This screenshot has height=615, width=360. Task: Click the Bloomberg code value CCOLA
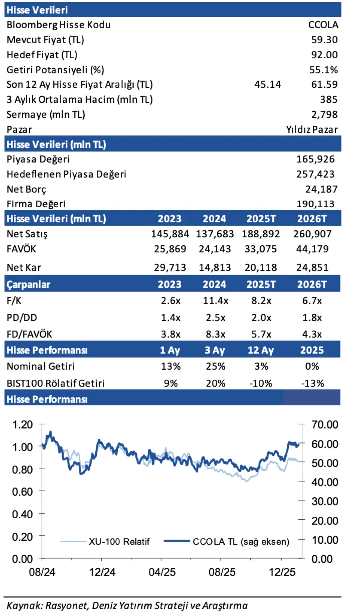pyautogui.click(x=323, y=25)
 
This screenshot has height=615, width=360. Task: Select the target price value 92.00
pyautogui.click(x=324, y=55)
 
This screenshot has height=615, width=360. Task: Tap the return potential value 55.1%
pyautogui.click(x=323, y=70)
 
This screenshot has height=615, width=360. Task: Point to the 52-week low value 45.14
pyautogui.click(x=267, y=84)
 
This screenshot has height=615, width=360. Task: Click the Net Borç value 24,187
pyautogui.click(x=321, y=189)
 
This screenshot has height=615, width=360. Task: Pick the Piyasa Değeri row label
pyautogui.click(x=38, y=159)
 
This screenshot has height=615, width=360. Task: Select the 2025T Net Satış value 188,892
pyautogui.click(x=261, y=234)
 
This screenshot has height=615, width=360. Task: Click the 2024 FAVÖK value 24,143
pyautogui.click(x=214, y=249)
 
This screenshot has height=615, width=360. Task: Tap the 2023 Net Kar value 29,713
pyautogui.click(x=170, y=268)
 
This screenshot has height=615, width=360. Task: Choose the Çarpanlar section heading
pyautogui.click(x=28, y=284)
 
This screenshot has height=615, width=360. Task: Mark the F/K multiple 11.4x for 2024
pyautogui.click(x=215, y=301)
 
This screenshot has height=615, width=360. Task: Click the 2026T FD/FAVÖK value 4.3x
pyautogui.click(x=312, y=334)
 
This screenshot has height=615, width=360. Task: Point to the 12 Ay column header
pyautogui.click(x=261, y=350)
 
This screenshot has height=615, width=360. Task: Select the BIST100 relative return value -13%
pyautogui.click(x=312, y=383)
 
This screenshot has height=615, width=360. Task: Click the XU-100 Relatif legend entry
pyautogui.click(x=119, y=541)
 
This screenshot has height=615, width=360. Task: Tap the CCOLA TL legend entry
pyautogui.click(x=241, y=541)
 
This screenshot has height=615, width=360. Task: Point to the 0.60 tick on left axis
pyautogui.click(x=22, y=492)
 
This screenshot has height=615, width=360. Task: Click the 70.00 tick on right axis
pyautogui.click(x=325, y=425)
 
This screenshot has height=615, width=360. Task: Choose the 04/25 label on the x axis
pyautogui.click(x=162, y=572)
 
